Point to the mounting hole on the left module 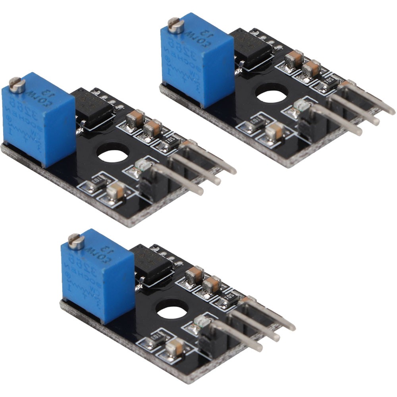(113, 154)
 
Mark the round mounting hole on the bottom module (172, 309)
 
